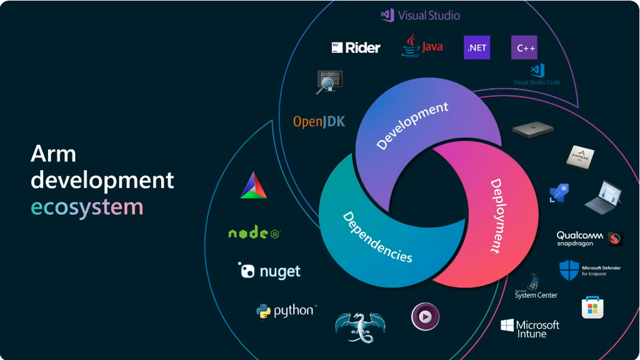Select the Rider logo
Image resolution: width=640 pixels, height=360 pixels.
[x=356, y=47]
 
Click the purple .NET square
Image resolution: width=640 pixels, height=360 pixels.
[x=477, y=47]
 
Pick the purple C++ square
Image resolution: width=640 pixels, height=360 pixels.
[x=524, y=47]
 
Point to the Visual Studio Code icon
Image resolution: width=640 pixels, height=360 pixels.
[x=537, y=71]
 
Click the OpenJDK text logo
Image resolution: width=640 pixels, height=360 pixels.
[x=319, y=121]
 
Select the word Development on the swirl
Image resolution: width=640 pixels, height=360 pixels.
[x=412, y=125]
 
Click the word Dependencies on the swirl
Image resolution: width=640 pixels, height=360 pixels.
[x=377, y=237]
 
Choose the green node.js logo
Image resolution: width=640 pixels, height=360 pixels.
[x=254, y=233]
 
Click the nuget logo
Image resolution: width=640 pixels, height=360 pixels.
[x=269, y=271]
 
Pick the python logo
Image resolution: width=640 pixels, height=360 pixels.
[x=286, y=311]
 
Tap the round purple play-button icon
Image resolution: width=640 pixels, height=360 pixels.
[x=425, y=317]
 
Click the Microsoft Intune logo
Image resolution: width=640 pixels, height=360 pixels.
[x=530, y=328]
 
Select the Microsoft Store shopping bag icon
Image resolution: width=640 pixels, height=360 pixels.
[x=592, y=307]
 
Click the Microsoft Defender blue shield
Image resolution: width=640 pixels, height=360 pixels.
[x=569, y=270]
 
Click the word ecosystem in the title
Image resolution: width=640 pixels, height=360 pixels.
[x=87, y=206]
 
